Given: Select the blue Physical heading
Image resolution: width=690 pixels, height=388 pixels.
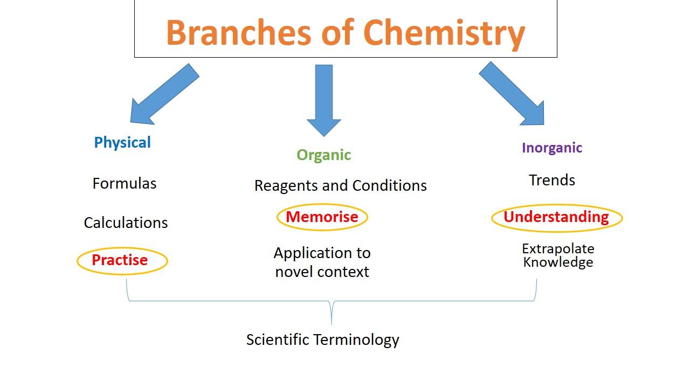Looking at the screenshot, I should tap(122, 143).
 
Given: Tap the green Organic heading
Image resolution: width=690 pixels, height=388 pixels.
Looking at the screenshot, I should tap(323, 155).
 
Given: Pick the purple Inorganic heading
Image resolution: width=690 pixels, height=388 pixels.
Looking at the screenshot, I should tap(551, 148).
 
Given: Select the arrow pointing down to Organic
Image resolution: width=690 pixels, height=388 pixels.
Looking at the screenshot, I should tap(323, 100).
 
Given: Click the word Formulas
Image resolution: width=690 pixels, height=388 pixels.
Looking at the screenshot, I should tap(125, 184).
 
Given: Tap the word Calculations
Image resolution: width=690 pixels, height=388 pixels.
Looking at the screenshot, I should tap(126, 223).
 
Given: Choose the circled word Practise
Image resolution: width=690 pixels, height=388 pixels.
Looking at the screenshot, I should tap(120, 260).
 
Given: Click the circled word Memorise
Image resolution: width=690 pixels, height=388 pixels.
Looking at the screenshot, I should tap(322, 217).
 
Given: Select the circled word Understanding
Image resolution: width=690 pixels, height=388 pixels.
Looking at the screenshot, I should tap(556, 217).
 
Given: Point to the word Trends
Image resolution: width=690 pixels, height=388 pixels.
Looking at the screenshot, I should tap(551, 181).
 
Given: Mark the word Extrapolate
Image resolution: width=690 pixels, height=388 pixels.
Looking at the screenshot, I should tap(558, 249).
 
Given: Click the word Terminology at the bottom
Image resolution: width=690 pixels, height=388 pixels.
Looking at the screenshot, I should tap(356, 340).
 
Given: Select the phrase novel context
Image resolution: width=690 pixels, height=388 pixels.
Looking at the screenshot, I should tap(322, 272).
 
